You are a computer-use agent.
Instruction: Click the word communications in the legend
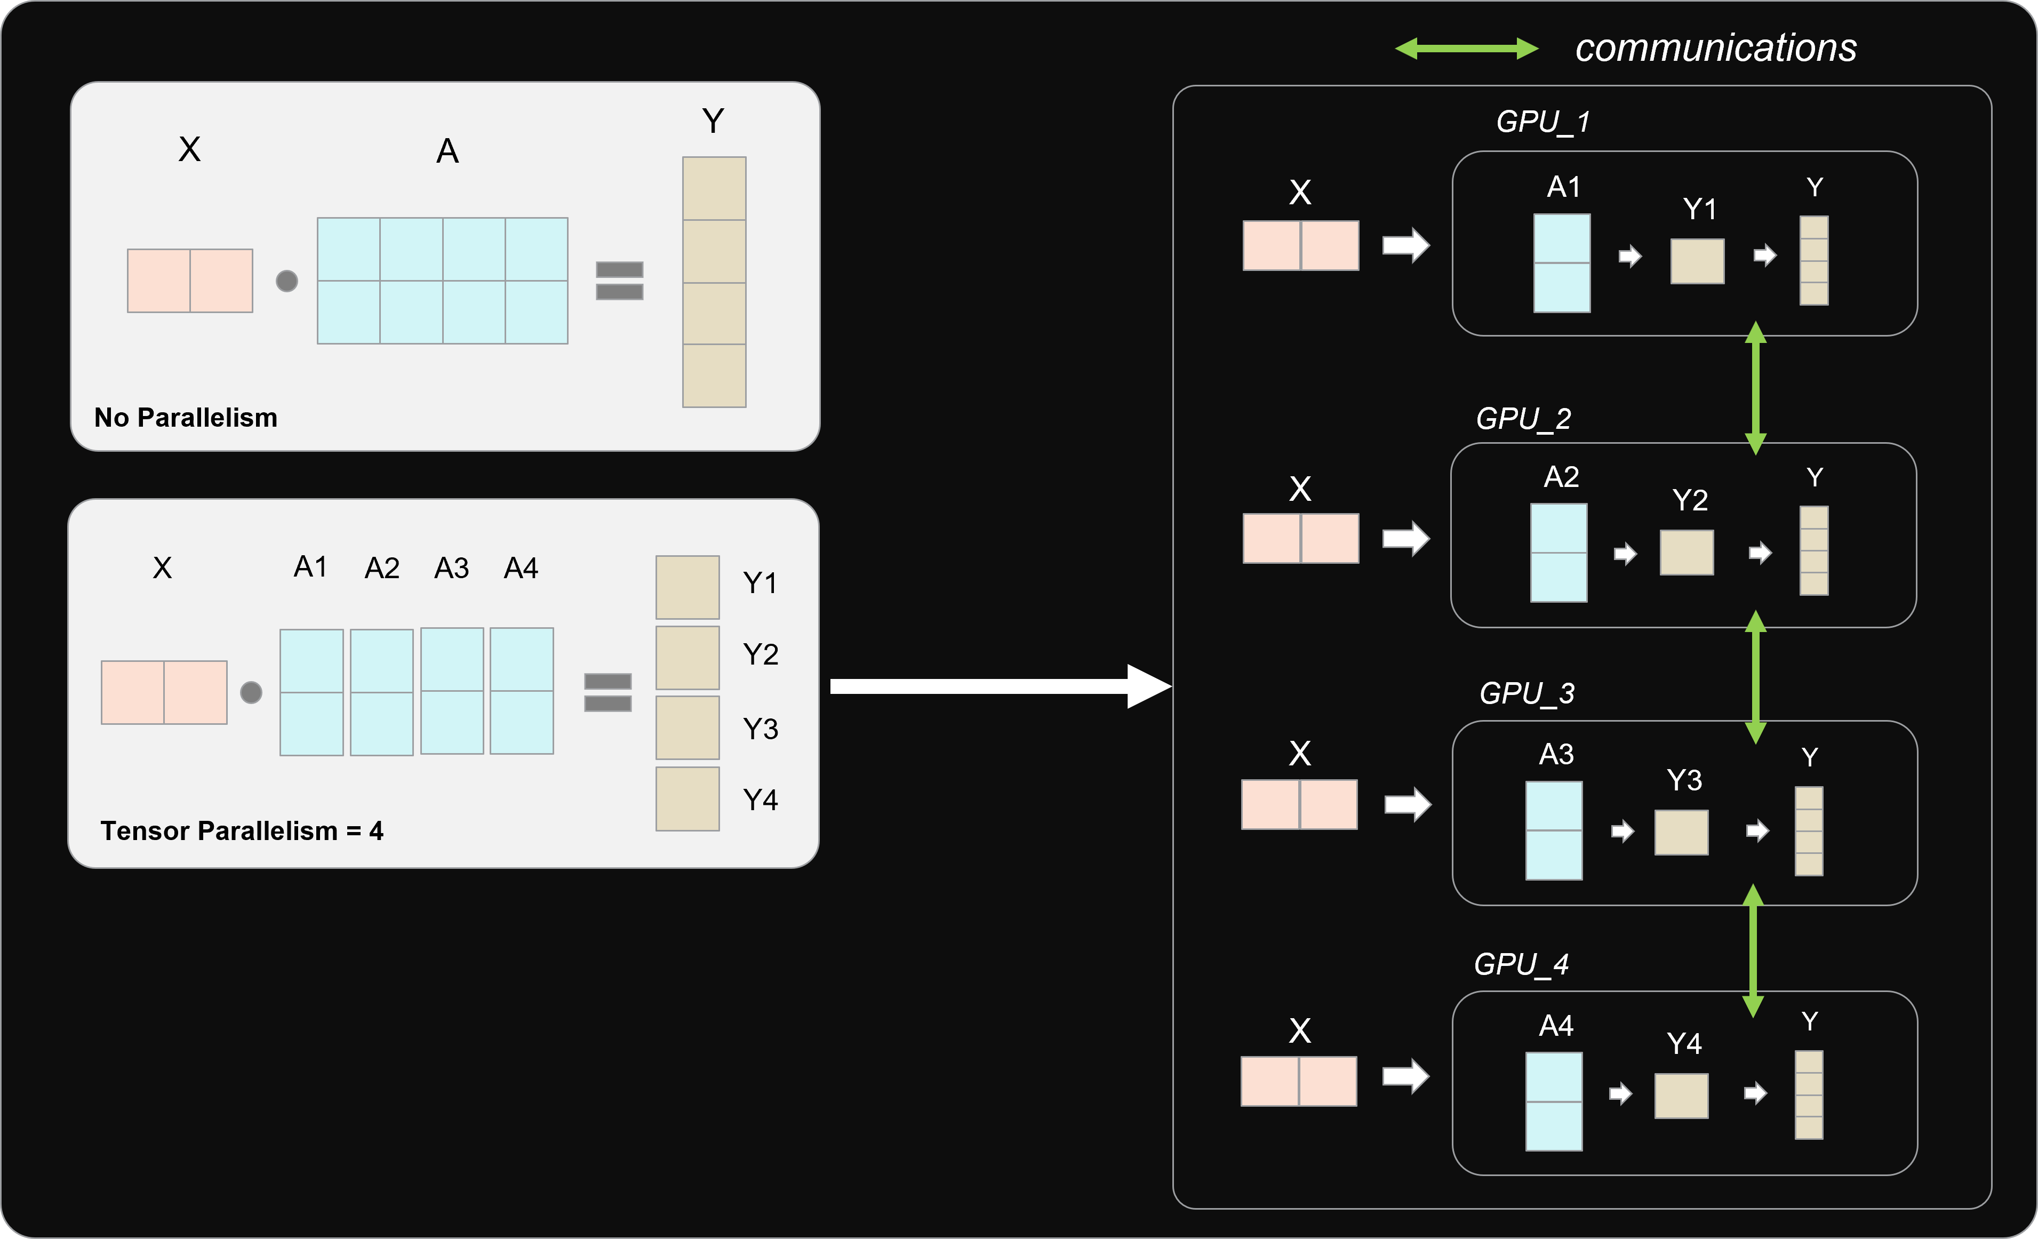(1715, 48)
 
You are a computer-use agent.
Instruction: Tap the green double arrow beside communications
(1466, 49)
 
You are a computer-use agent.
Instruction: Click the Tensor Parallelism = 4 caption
(242, 830)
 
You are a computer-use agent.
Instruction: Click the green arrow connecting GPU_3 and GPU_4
(1753, 951)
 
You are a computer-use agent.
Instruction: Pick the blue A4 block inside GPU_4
(1553, 1101)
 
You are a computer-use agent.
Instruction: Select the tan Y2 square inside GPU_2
(1687, 553)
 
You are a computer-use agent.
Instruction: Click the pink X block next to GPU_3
(1299, 804)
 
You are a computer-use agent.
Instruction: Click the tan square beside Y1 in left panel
(688, 587)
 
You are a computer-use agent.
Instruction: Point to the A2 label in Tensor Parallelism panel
(381, 568)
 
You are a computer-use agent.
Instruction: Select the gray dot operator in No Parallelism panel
(286, 281)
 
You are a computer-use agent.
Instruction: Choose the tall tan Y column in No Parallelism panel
(714, 282)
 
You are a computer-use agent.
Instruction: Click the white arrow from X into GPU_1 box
(1405, 245)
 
